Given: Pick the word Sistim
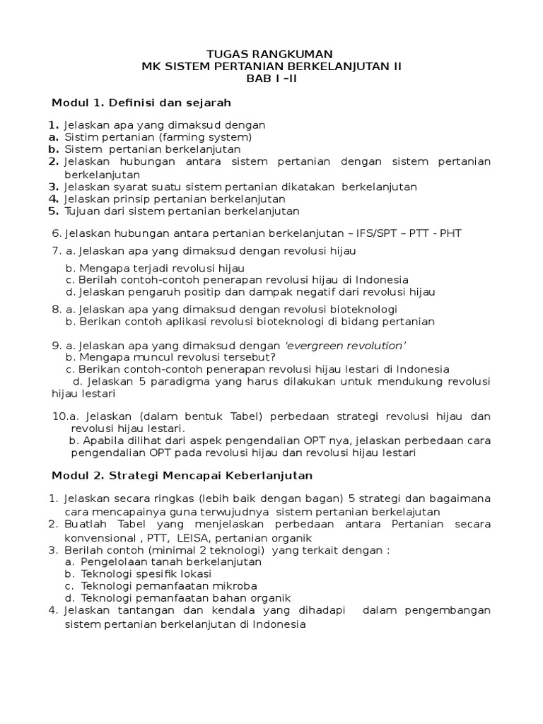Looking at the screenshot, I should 79,137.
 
